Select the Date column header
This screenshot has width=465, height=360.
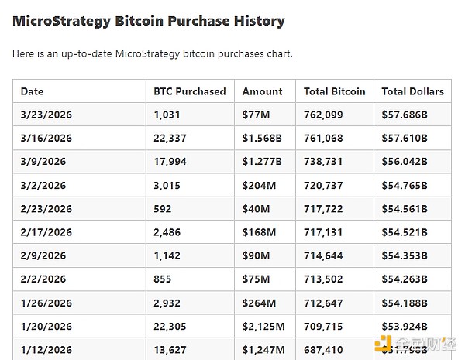(33, 91)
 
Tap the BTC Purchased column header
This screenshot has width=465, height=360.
(190, 91)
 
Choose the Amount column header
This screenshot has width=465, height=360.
(262, 91)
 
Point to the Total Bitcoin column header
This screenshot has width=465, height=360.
(335, 91)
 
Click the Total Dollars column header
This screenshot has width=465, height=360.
(412, 91)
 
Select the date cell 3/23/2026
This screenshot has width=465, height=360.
(46, 115)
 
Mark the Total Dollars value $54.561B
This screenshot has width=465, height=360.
(405, 209)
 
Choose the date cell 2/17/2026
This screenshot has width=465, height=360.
(46, 233)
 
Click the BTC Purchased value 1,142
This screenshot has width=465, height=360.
(167, 256)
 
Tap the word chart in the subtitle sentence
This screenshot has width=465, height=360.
(279, 53)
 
